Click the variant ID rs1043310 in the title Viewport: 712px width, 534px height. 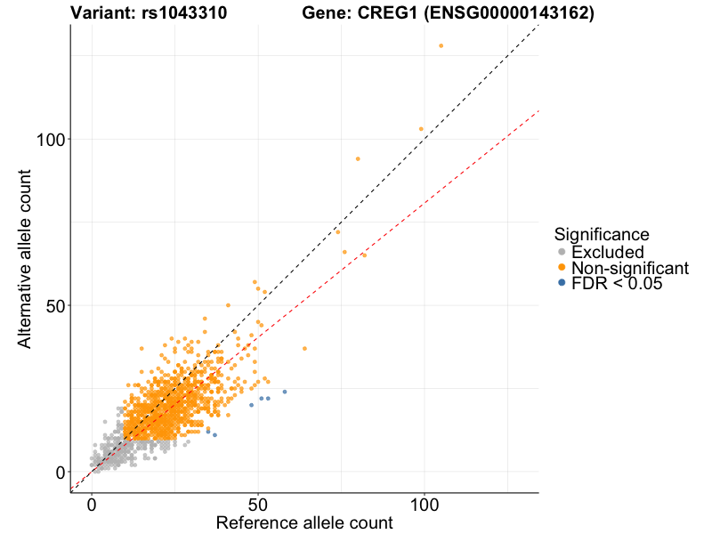click(185, 13)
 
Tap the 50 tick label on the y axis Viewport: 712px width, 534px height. click(55, 305)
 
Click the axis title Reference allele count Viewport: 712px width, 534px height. click(304, 522)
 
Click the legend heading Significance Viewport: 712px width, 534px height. click(602, 234)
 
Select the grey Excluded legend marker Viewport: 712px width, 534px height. click(561, 253)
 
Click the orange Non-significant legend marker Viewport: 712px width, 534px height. click(561, 268)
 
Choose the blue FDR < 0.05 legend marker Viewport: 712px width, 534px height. click(561, 283)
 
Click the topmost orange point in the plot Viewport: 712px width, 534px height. click(441, 45)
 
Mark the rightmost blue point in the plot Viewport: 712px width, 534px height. click(285, 392)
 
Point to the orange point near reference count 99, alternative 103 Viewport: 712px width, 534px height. click(421, 129)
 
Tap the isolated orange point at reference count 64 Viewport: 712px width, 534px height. click(304, 349)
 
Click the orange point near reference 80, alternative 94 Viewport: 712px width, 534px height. click(358, 159)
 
